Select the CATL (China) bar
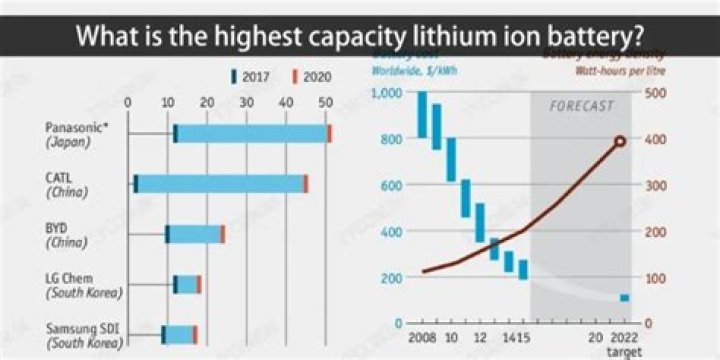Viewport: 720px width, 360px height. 220,184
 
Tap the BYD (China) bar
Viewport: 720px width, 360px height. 195,234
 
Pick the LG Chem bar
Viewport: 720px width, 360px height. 187,284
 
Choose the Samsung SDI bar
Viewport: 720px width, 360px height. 180,334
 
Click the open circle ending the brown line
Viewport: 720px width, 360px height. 620,141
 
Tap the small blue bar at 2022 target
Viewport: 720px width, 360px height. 624,298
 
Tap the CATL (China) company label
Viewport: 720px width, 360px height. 66,184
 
